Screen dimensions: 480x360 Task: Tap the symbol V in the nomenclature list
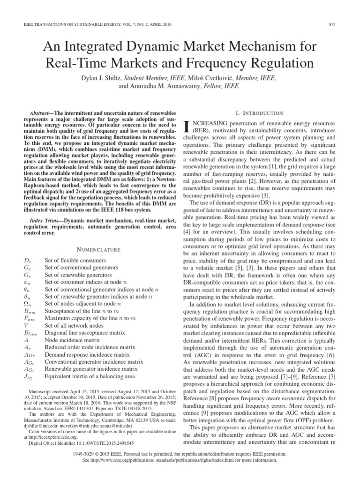(25, 325)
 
